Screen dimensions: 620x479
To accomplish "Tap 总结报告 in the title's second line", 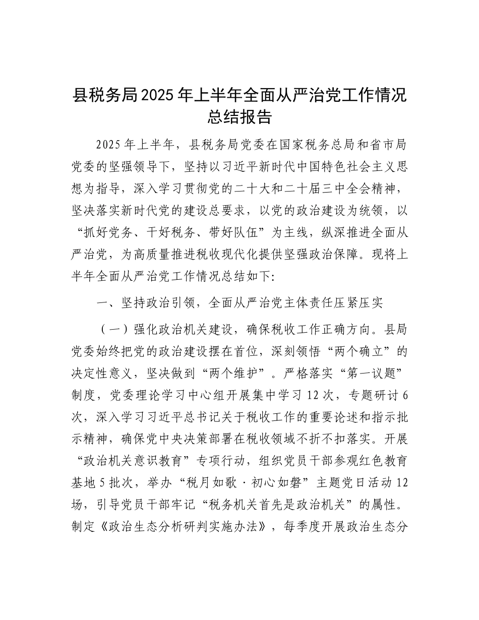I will coord(239,117).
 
